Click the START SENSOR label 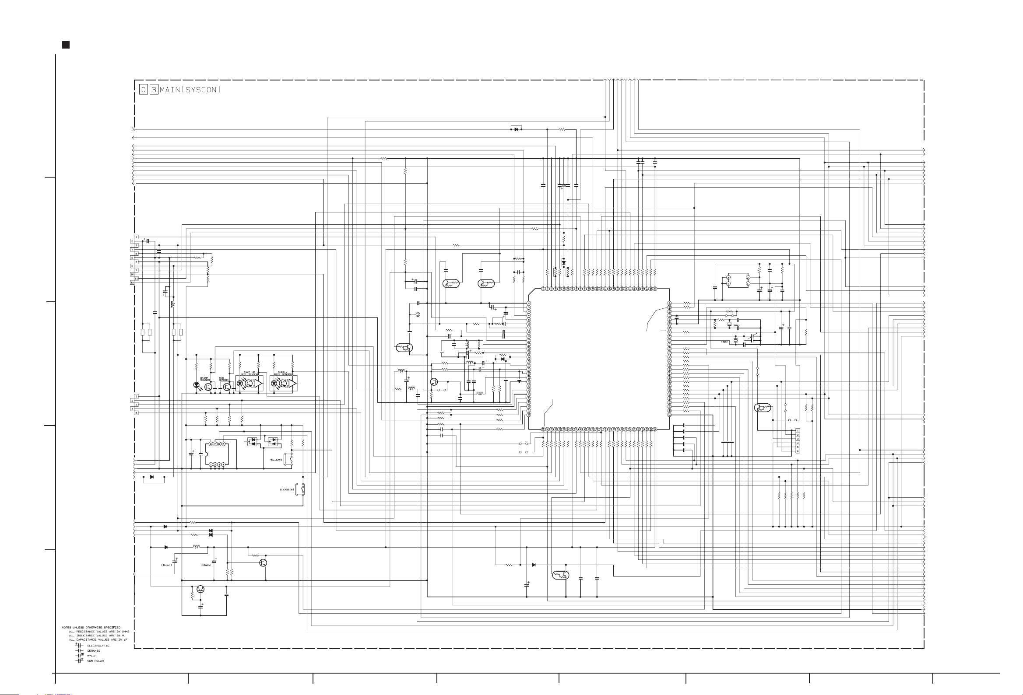click(205, 379)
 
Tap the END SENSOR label click(224, 379)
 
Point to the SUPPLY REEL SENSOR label click(282, 373)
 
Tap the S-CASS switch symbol click(302, 489)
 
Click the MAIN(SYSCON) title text click(190, 90)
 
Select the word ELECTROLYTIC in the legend click(98, 646)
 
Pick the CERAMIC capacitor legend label click(93, 650)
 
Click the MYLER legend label click(91, 655)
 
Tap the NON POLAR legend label click(95, 661)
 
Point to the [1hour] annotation click(166, 565)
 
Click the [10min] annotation click(206, 565)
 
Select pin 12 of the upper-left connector click(132, 283)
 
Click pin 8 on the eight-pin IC click(211, 444)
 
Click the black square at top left click(66, 45)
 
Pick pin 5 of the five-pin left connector click(136, 412)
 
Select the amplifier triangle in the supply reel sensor click(292, 384)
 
